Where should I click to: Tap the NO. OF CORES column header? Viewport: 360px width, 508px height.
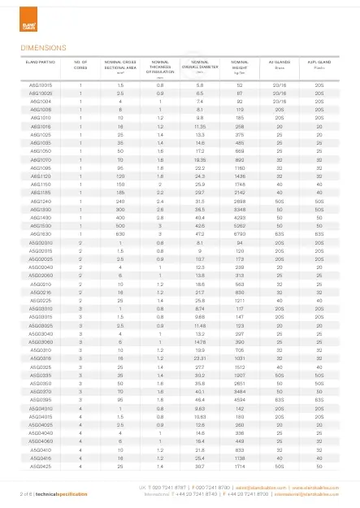(80, 64)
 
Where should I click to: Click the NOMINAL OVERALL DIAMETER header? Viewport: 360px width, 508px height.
(200, 64)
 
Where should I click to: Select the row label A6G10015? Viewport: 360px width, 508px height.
(41, 85)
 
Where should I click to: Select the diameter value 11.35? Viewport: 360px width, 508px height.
(199, 127)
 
